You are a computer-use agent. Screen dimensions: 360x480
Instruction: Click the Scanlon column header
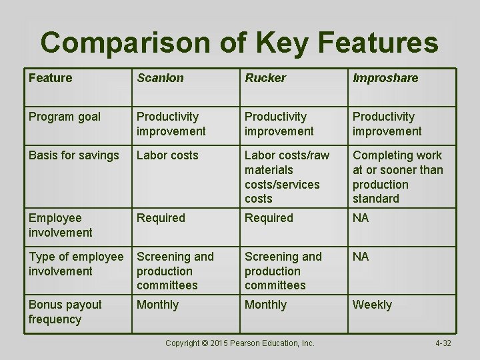coord(160,78)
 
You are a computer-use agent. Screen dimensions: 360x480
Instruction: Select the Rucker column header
coord(265,78)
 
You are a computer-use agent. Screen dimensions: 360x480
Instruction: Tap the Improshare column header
coord(385,78)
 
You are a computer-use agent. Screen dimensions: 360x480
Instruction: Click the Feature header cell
coord(50,78)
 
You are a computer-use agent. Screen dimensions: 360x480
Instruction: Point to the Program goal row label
coord(65,117)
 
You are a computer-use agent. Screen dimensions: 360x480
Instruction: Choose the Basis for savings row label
coord(74,155)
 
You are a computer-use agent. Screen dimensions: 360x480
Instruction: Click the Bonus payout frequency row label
coord(65,312)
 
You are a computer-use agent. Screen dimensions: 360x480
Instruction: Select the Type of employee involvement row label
coord(76,264)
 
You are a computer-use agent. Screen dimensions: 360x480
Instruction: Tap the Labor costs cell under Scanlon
coord(167,155)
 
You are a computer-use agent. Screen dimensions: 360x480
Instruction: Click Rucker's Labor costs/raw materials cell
coord(287,177)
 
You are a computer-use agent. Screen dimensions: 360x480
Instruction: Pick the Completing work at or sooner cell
coord(397,177)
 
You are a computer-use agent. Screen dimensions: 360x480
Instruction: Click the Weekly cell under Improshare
coord(372,305)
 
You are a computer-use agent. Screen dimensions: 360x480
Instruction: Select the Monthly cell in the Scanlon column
coord(157,305)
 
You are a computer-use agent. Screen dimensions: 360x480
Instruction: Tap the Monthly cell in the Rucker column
coord(265,305)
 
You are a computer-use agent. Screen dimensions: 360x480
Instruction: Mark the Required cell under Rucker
coord(269,218)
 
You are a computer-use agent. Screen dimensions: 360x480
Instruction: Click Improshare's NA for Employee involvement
coord(361,218)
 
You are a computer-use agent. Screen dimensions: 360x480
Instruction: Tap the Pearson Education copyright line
coord(239,343)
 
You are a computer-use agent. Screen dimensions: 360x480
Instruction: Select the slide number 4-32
coord(443,343)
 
